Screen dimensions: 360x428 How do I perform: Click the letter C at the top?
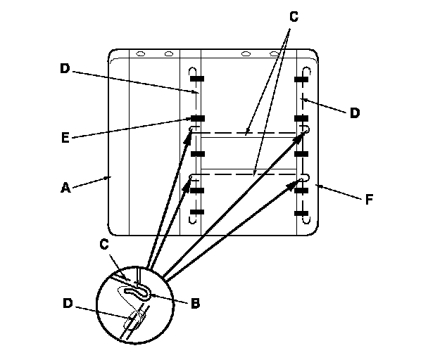(294, 17)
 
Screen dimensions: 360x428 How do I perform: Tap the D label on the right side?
(355, 112)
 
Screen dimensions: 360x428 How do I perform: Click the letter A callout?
(65, 188)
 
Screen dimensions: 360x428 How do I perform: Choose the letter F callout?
(369, 199)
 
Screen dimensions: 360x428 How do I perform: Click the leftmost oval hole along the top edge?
(140, 53)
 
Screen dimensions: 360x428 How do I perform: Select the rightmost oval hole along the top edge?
(272, 53)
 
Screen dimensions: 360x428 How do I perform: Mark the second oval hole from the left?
(168, 53)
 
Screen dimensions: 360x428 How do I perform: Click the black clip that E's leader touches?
(196, 118)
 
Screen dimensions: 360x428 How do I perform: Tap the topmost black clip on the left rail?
(196, 78)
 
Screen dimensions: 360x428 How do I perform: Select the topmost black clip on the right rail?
(303, 78)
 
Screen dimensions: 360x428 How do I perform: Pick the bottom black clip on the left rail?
(196, 211)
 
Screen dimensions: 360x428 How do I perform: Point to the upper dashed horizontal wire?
(250, 131)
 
